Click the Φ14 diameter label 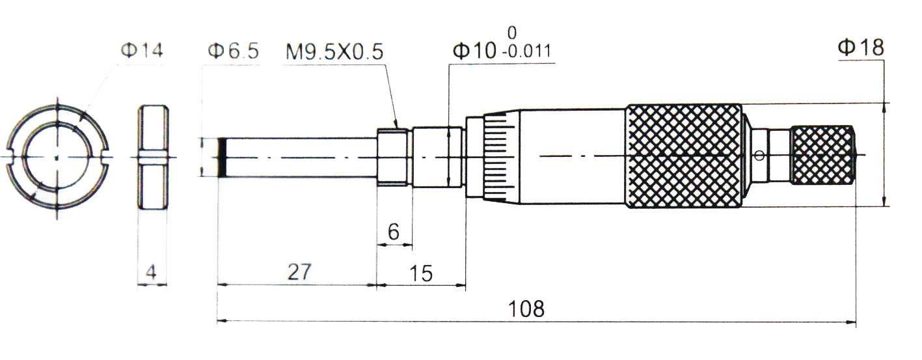[141, 50]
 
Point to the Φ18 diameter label [860, 48]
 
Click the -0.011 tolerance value [526, 52]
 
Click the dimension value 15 [421, 273]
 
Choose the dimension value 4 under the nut [151, 273]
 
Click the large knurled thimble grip [683, 156]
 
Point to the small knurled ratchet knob [821, 156]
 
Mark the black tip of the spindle [222, 157]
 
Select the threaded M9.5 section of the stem [393, 157]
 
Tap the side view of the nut [153, 157]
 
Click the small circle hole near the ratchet [759, 155]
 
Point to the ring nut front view [57, 157]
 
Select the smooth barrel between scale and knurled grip [573, 156]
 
